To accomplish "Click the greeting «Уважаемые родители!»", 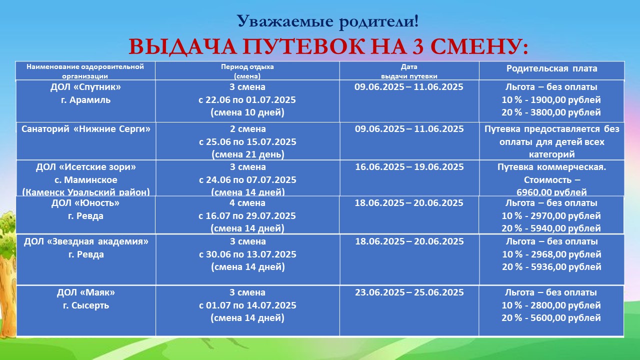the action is pyautogui.click(x=327, y=21).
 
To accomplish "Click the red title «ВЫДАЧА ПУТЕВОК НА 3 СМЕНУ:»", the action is pyautogui.click(x=328, y=46).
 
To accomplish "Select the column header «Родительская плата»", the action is pyautogui.click(x=551, y=68).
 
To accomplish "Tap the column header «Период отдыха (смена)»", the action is pyautogui.click(x=247, y=71).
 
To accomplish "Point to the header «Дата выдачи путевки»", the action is pyautogui.click(x=409, y=71).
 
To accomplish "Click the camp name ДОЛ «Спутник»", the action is pyautogui.click(x=85, y=87).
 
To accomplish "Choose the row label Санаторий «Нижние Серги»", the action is pyautogui.click(x=86, y=129).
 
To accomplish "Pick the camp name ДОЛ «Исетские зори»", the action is pyautogui.click(x=86, y=167).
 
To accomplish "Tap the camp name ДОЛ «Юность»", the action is pyautogui.click(x=85, y=203).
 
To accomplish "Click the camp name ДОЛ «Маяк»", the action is pyautogui.click(x=86, y=292).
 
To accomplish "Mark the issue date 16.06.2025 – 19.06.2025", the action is pyautogui.click(x=409, y=167).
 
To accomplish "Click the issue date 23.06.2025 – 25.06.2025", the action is pyautogui.click(x=409, y=292).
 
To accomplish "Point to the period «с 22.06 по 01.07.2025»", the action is pyautogui.click(x=247, y=100).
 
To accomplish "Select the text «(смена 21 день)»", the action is pyautogui.click(x=248, y=154).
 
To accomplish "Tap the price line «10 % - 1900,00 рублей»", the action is pyautogui.click(x=551, y=100).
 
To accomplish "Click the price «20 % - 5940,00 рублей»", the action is pyautogui.click(x=551, y=228).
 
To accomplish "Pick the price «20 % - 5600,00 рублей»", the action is pyautogui.click(x=551, y=318).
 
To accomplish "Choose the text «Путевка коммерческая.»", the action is pyautogui.click(x=551, y=167).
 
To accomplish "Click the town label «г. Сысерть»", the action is pyautogui.click(x=86, y=305).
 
